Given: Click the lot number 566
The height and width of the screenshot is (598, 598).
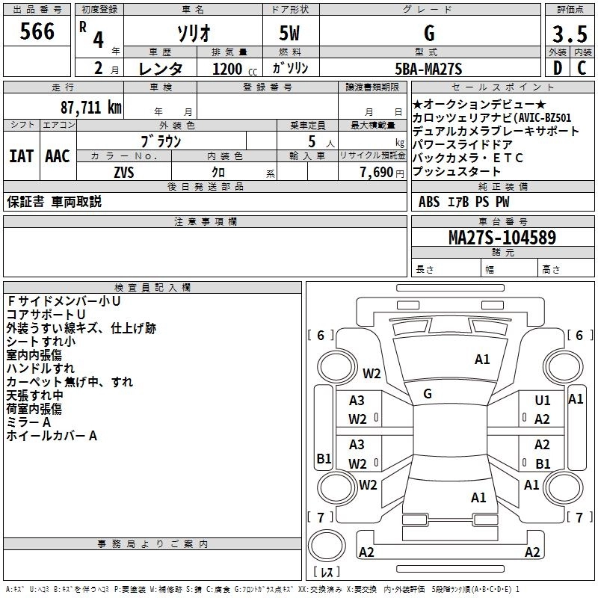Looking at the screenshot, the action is pos(37,31).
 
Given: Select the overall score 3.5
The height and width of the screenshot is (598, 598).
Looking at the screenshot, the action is pos(570,34).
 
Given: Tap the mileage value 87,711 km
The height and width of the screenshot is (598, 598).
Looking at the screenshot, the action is pos(90,107).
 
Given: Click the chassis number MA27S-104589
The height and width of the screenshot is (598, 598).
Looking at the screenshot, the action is pos(502,237).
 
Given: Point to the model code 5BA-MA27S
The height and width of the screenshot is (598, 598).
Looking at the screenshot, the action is pos(428,69).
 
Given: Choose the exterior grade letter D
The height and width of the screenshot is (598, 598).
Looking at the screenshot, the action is pos(558,68).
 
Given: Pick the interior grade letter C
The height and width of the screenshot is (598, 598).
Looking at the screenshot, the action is pos(582,68).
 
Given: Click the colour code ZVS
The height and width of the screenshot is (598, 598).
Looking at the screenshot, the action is pos(124,173).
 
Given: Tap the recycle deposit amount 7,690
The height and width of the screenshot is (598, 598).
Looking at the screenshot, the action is pos(377,173).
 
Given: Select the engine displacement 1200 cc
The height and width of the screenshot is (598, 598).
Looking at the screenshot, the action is pos(235,69).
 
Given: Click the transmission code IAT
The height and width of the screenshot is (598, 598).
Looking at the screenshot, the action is pos(22,156).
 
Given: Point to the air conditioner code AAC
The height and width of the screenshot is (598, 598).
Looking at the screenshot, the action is pos(58,156).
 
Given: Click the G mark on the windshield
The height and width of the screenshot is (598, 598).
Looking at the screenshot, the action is pos(428,394).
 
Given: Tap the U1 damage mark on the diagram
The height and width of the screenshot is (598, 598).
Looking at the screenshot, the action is pos(543,400).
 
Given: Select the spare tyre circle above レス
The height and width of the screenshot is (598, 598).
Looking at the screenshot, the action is pos(327,545).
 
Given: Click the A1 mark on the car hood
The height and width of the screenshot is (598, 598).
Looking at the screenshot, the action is pos(482,359).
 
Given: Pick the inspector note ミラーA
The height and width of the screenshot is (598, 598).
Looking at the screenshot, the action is pos(28,422).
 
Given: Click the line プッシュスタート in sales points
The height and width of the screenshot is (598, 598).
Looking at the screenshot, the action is pos(457,171).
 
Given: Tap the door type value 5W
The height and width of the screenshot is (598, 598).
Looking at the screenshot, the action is pos(289,33).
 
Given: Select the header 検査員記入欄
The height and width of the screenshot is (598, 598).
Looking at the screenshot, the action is pos(152,288).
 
